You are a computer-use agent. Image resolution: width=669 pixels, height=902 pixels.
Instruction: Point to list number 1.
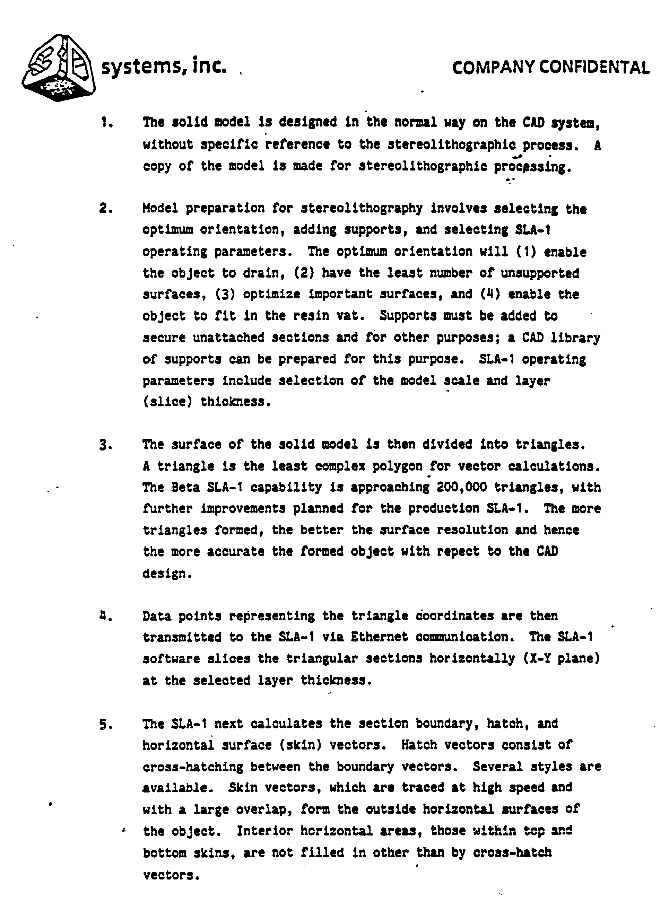(x=106, y=122)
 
